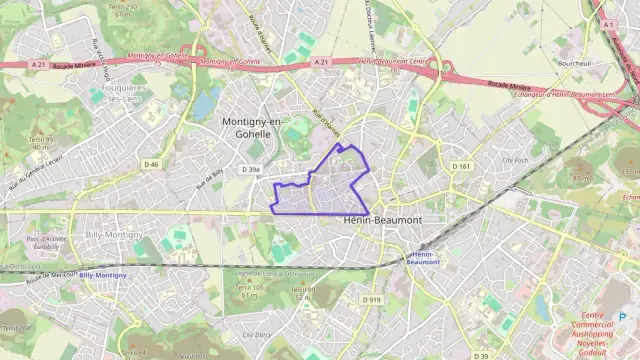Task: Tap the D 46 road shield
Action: coord(151,163)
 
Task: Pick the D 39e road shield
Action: coord(250,170)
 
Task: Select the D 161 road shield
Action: coord(460,166)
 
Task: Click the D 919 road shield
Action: coord(373,299)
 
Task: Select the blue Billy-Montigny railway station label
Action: coord(103,275)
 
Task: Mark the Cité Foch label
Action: coord(514,160)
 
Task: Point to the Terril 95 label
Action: coord(39,142)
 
